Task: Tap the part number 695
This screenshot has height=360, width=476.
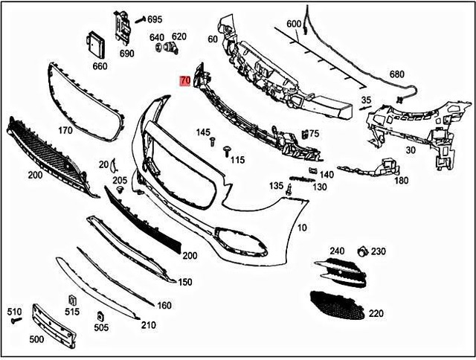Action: coord(155,19)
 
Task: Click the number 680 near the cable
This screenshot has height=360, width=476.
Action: coord(396,74)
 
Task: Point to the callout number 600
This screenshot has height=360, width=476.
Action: coord(294,24)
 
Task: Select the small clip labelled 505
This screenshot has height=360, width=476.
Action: coord(100,318)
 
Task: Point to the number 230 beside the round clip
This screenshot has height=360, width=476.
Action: coord(379,251)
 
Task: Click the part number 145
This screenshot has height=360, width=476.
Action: coord(203,132)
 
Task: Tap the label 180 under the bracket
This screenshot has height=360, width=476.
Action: coord(401,180)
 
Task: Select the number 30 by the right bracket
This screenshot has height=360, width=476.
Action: coord(410,150)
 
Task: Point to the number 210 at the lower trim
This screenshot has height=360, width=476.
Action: coord(148,325)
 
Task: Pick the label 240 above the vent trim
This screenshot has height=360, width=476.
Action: coord(338,251)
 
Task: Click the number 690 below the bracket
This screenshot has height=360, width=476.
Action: coord(126,54)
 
